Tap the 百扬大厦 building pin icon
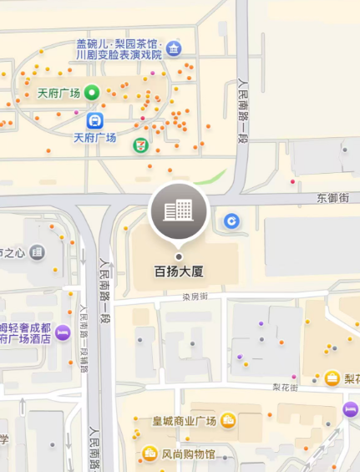coord(178,211)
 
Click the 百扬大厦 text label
coord(180,272)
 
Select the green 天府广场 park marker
coord(92,93)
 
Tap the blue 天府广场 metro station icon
coord(94,120)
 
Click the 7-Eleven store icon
coord(140,145)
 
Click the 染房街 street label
coord(195,297)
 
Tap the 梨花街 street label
coord(286,387)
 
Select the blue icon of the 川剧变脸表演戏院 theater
coord(173,47)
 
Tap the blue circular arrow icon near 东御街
coord(232,221)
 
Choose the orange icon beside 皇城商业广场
coord(229,420)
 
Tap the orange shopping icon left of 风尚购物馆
coord(150,454)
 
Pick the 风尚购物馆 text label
coord(188,454)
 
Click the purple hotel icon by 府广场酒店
coord(63,333)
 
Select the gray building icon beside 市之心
coord(37,251)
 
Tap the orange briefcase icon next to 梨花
coord(332,378)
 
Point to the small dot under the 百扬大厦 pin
coord(178,256)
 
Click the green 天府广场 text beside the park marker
coord(58,93)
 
